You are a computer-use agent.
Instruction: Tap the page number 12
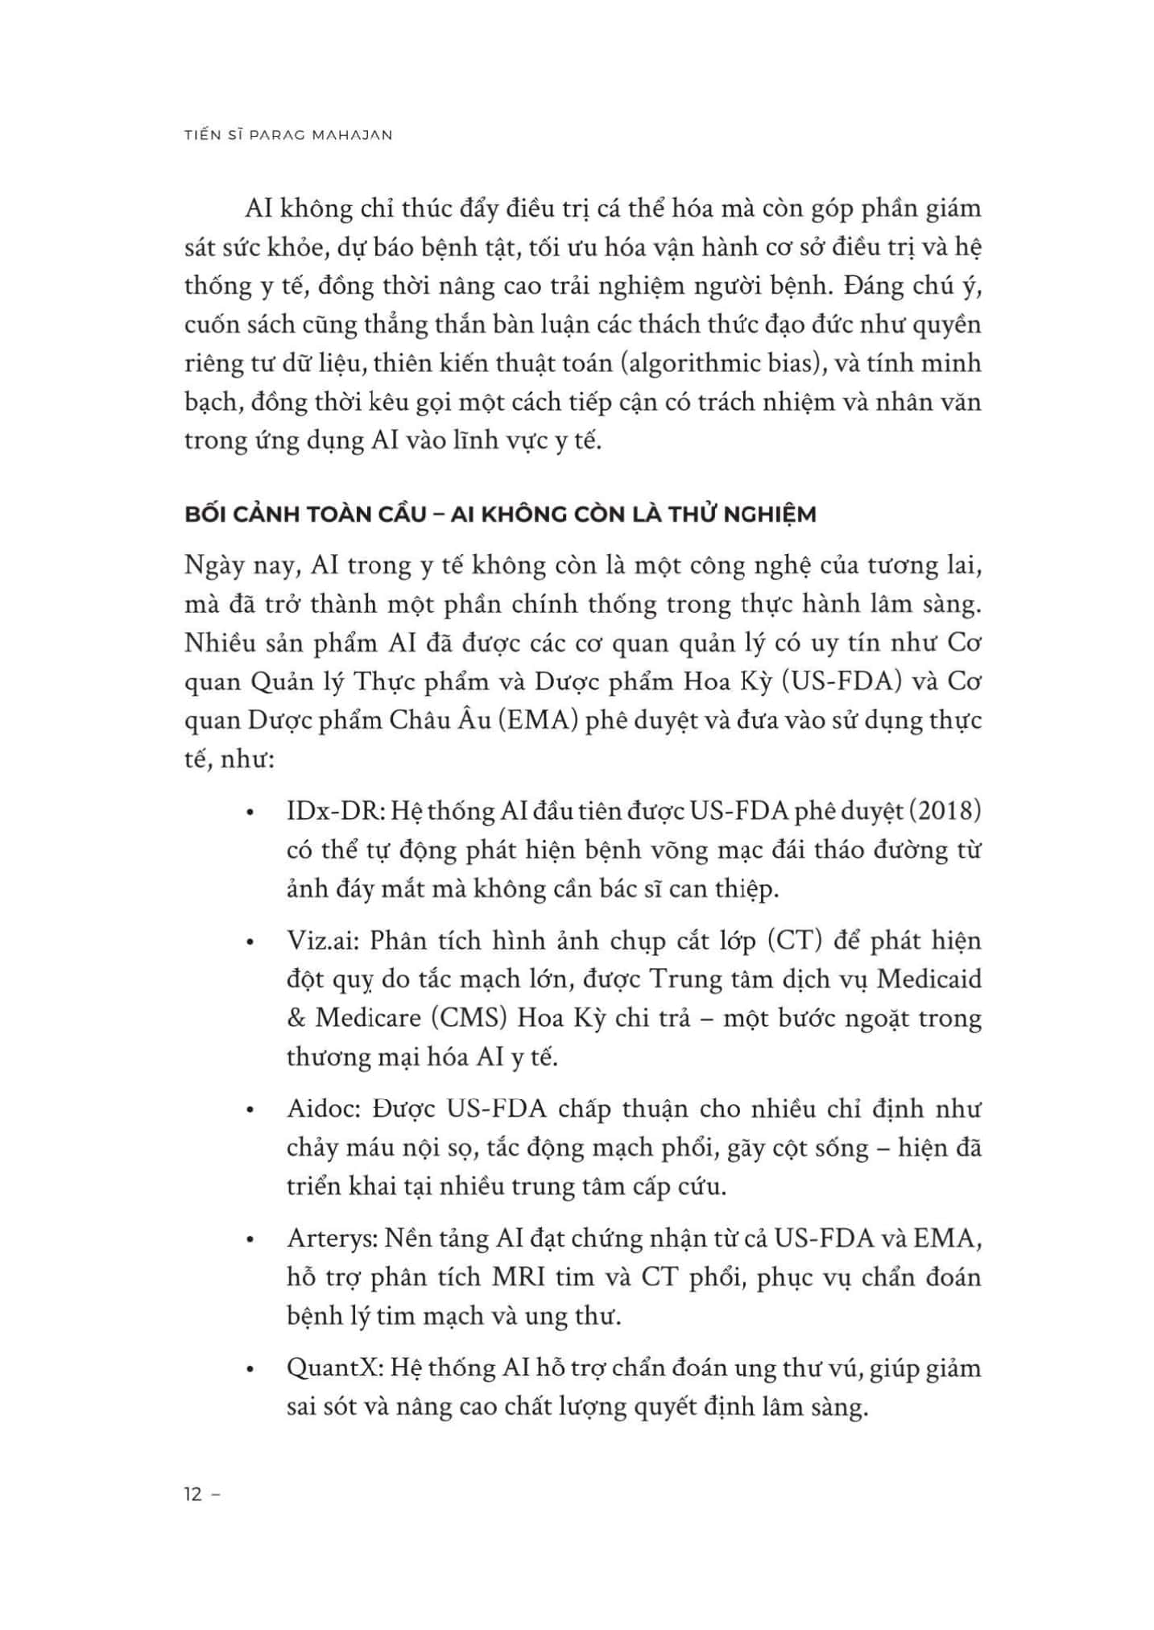193,1496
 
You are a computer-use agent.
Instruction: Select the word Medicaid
929,979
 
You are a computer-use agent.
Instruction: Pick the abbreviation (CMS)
469,1018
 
